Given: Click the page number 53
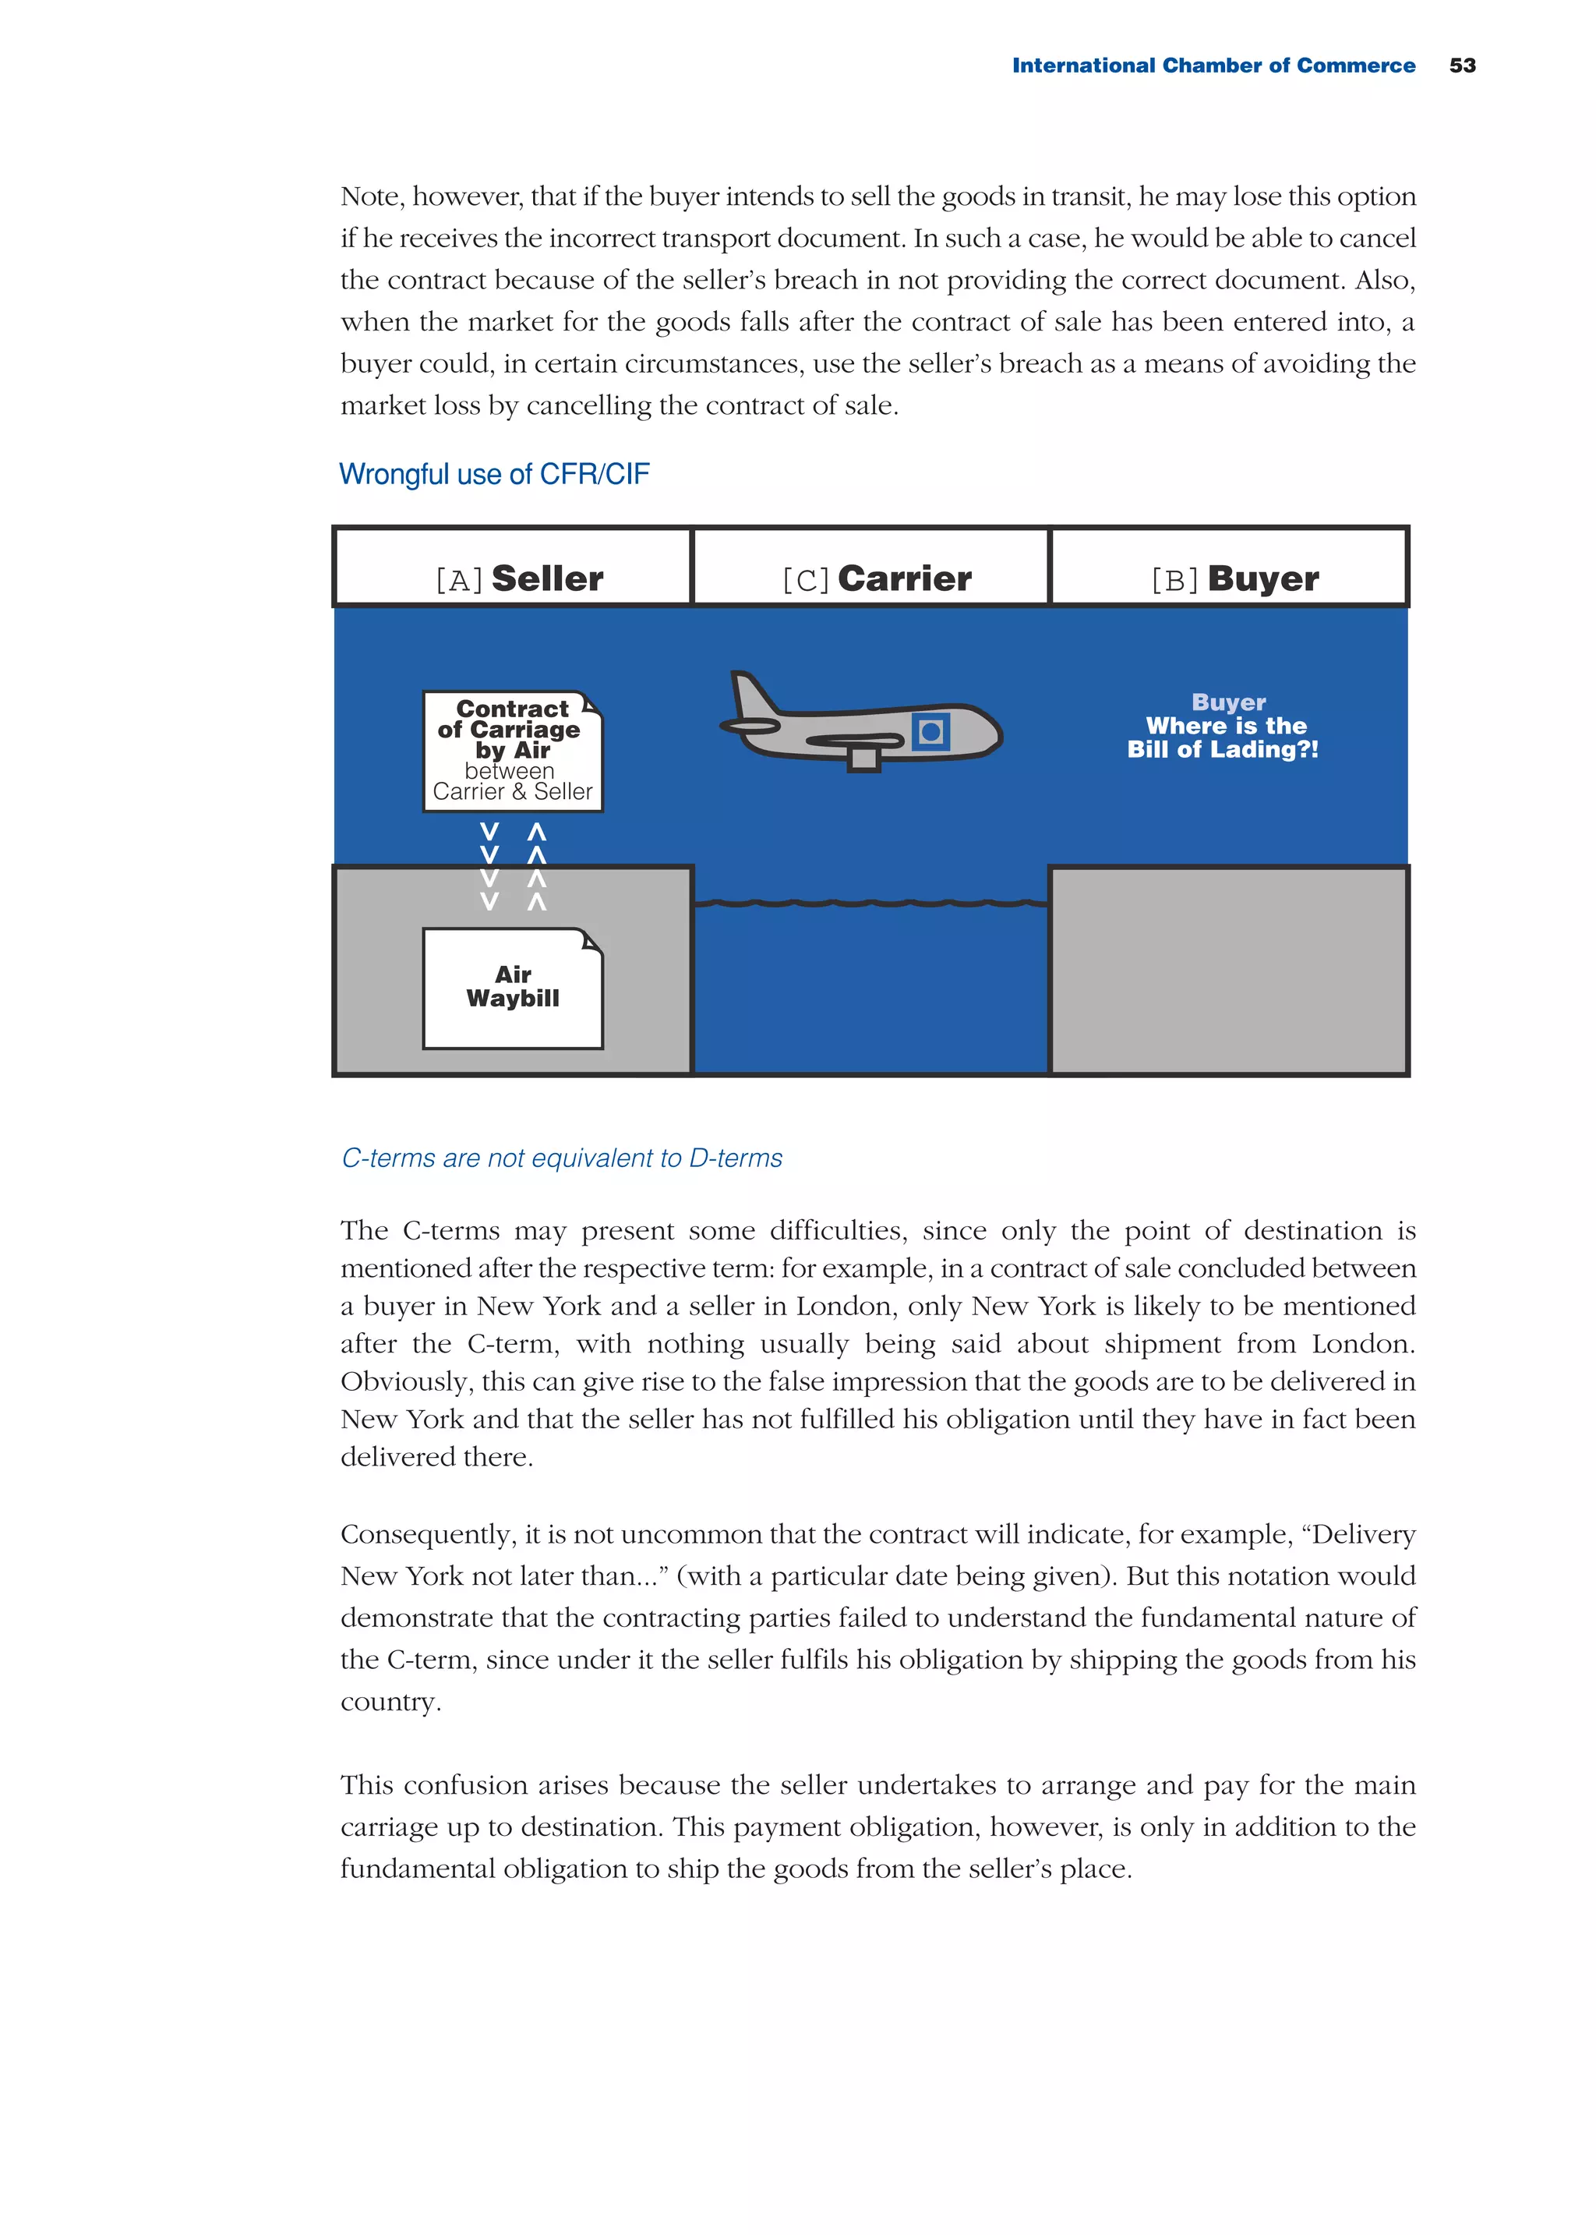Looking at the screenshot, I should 1461,65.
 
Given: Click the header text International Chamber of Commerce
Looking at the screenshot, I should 1213,65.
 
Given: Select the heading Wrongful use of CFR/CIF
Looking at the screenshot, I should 493,475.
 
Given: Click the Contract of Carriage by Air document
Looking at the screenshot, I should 512,751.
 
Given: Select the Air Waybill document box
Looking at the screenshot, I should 512,988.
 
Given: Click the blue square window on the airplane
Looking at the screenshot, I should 930,731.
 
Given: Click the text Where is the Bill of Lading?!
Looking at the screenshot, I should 1223,737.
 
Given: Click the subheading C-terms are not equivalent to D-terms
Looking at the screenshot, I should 561,1158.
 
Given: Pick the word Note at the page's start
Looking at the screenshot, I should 370,196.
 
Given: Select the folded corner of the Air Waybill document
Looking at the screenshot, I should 591,942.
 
